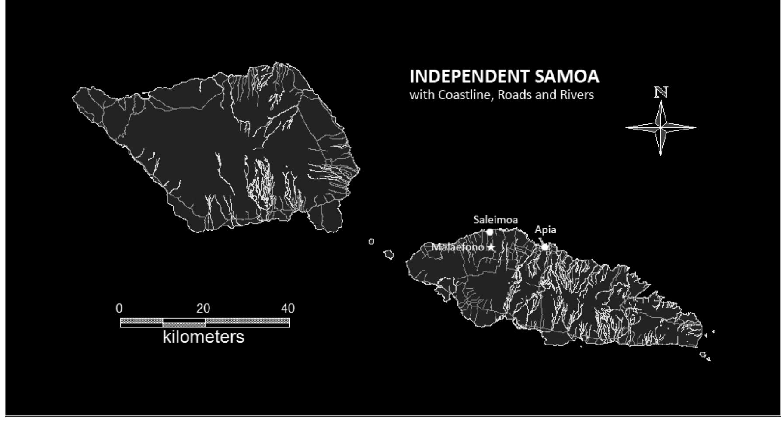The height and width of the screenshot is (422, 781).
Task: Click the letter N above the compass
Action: tap(661, 92)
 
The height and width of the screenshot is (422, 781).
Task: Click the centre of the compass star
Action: tap(661, 128)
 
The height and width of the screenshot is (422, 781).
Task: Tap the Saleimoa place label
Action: tap(495, 220)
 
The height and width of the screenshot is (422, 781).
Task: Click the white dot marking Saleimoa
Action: tap(490, 232)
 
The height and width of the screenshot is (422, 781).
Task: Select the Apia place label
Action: tap(545, 230)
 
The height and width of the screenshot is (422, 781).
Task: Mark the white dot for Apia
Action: tap(545, 247)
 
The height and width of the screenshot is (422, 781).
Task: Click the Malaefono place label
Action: tap(457, 247)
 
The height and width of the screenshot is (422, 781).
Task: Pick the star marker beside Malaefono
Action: tap(491, 247)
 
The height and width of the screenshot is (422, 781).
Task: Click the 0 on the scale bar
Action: tap(119, 309)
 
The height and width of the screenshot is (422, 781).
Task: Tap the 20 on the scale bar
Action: tap(203, 309)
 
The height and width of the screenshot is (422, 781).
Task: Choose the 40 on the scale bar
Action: tap(288, 309)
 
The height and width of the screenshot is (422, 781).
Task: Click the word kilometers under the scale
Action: tap(203, 337)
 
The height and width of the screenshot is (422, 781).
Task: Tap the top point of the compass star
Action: tap(661, 102)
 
